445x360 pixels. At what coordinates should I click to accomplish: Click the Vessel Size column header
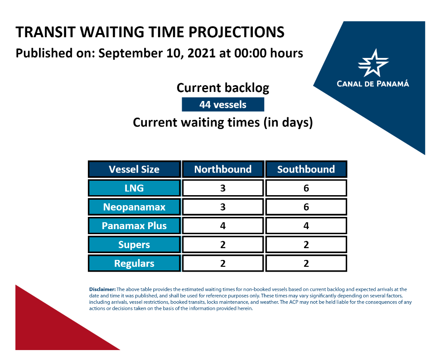pyautogui.click(x=134, y=169)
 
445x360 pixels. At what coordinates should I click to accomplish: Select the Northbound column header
pyautogui.click(x=223, y=169)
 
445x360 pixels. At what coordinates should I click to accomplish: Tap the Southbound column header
pyautogui.click(x=306, y=169)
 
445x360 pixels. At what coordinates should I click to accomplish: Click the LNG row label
pyautogui.click(x=134, y=188)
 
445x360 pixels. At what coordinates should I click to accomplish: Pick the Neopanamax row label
pyautogui.click(x=134, y=207)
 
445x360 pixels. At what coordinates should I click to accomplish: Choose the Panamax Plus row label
pyautogui.click(x=134, y=226)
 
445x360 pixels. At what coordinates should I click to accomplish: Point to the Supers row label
pyautogui.click(x=134, y=245)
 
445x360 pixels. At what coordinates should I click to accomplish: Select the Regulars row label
pyautogui.click(x=134, y=263)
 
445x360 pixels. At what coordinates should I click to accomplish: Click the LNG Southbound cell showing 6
pyautogui.click(x=306, y=188)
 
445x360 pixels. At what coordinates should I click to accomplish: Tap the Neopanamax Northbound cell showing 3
pyautogui.click(x=223, y=207)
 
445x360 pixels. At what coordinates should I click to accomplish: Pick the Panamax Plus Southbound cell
pyautogui.click(x=306, y=226)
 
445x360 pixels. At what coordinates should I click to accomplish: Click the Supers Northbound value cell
pyautogui.click(x=223, y=245)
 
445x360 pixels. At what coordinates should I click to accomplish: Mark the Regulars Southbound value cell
pyautogui.click(x=306, y=263)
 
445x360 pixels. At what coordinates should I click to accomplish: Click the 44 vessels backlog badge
pyautogui.click(x=223, y=105)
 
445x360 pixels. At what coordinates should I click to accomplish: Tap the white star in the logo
pyautogui.click(x=373, y=63)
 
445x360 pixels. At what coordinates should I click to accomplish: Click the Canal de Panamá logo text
pyautogui.click(x=373, y=84)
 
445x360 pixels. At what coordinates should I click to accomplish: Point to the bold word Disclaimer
pyautogui.click(x=102, y=289)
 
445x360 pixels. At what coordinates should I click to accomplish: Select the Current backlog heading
pyautogui.click(x=223, y=88)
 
